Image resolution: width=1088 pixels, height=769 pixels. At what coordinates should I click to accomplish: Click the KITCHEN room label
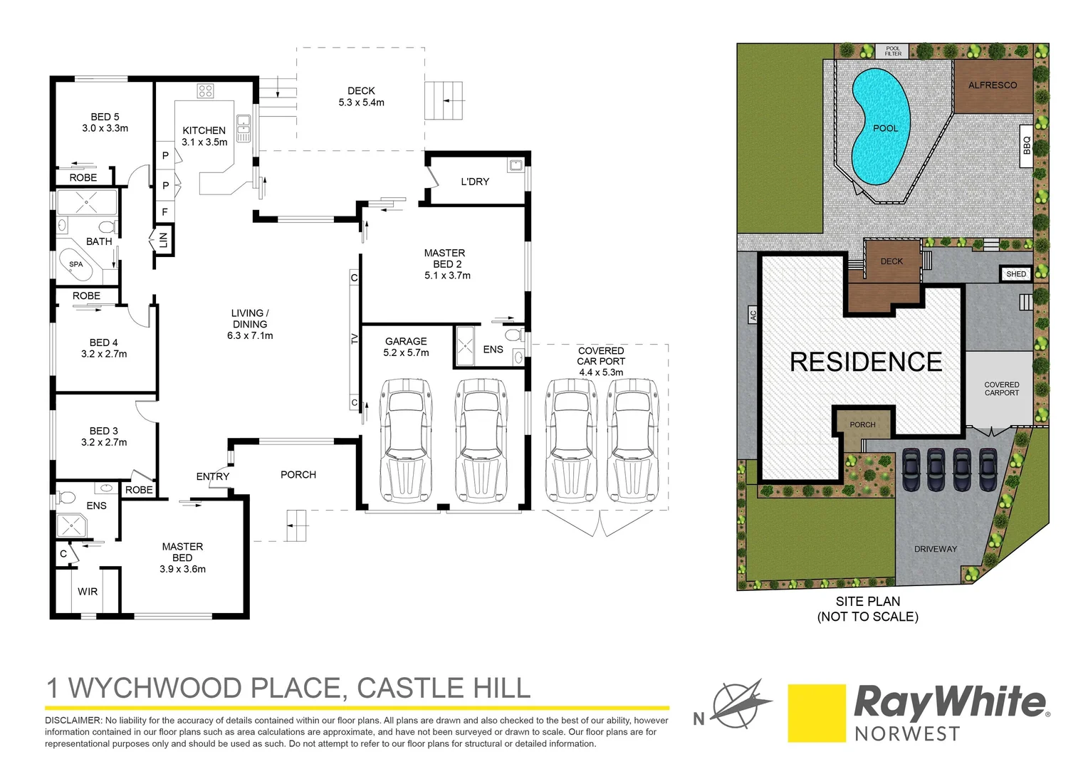(x=204, y=130)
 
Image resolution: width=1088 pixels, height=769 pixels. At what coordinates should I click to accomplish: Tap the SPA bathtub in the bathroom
(x=77, y=265)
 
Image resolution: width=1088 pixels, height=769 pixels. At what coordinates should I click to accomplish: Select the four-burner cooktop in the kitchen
(x=206, y=90)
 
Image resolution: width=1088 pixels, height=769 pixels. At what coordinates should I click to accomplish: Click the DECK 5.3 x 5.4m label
(x=361, y=97)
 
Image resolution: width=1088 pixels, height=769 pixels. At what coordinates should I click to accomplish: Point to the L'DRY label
(x=475, y=182)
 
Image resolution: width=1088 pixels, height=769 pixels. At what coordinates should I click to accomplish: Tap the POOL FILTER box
(x=893, y=51)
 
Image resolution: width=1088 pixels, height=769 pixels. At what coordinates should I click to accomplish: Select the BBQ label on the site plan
(x=1026, y=146)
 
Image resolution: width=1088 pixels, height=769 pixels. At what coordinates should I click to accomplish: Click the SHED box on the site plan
(x=1016, y=274)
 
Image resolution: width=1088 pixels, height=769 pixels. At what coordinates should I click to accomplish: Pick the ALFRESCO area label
(x=993, y=85)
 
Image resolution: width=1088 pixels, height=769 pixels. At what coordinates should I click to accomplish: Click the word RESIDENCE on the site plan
(x=866, y=362)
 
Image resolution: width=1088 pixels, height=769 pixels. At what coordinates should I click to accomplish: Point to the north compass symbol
(x=741, y=703)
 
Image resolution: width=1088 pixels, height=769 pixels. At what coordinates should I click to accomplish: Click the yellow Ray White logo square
(x=816, y=713)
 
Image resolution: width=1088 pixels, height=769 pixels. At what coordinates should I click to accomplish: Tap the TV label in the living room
(x=355, y=339)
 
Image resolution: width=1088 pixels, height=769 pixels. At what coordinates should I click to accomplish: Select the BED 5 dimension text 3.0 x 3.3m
(x=105, y=128)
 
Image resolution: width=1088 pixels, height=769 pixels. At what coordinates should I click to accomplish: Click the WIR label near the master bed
(x=88, y=592)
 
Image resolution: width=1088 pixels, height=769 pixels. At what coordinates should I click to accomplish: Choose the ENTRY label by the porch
(x=213, y=476)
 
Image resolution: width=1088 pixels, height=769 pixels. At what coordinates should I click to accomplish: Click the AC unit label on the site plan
(x=753, y=314)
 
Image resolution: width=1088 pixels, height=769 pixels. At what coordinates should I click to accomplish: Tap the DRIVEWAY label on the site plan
(x=936, y=549)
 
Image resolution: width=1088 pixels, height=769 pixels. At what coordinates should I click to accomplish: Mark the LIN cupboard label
(x=163, y=240)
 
